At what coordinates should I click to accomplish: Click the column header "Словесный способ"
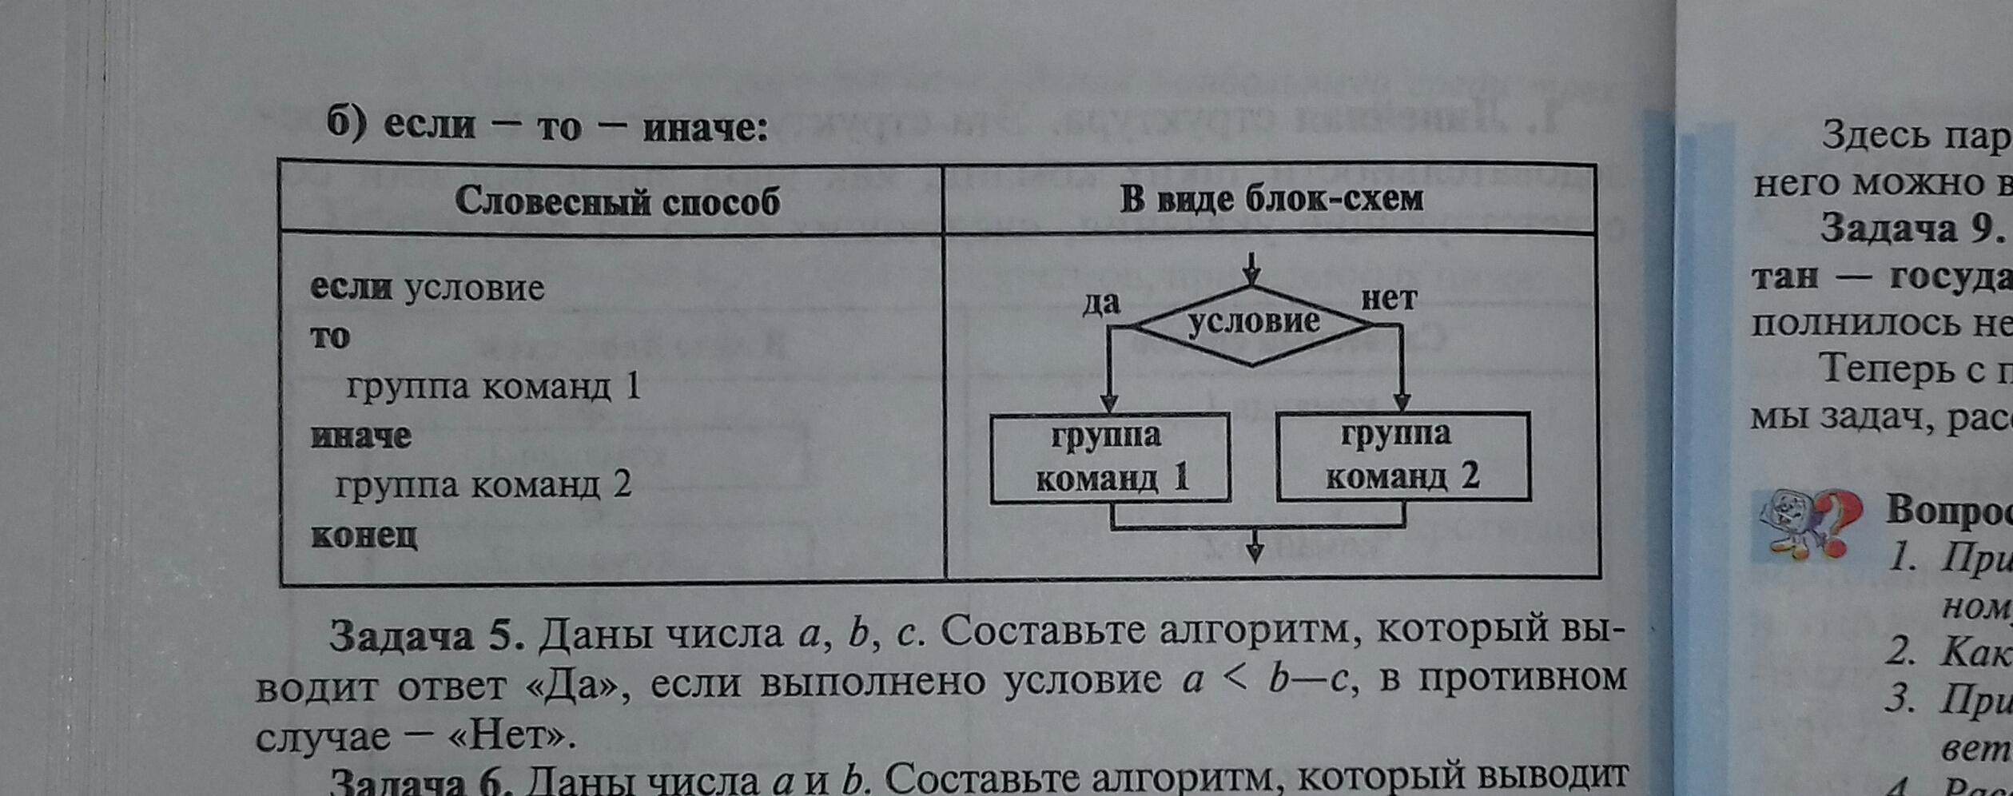617,201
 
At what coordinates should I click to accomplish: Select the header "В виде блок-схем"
1271,199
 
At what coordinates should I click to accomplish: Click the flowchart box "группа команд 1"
1110,458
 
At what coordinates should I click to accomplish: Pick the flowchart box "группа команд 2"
1403,456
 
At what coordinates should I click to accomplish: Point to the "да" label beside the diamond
1101,304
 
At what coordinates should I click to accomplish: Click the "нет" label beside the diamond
1389,299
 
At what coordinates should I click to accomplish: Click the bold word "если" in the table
351,288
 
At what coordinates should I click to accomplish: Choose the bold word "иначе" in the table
361,436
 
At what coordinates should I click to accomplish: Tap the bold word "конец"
364,535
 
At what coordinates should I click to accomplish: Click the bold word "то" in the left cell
330,336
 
